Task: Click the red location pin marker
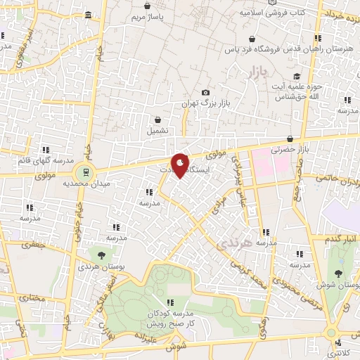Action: pyautogui.click(x=181, y=165)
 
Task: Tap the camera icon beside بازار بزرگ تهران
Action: pyautogui.click(x=205, y=93)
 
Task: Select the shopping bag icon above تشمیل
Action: pyautogui.click(x=158, y=120)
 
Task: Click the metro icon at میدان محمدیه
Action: pyautogui.click(x=85, y=171)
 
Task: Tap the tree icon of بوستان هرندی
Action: pyautogui.click(x=103, y=255)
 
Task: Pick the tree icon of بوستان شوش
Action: pyautogui.click(x=340, y=274)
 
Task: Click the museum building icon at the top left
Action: pyautogui.click(x=87, y=15)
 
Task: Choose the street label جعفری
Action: pyautogui.click(x=32, y=245)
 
